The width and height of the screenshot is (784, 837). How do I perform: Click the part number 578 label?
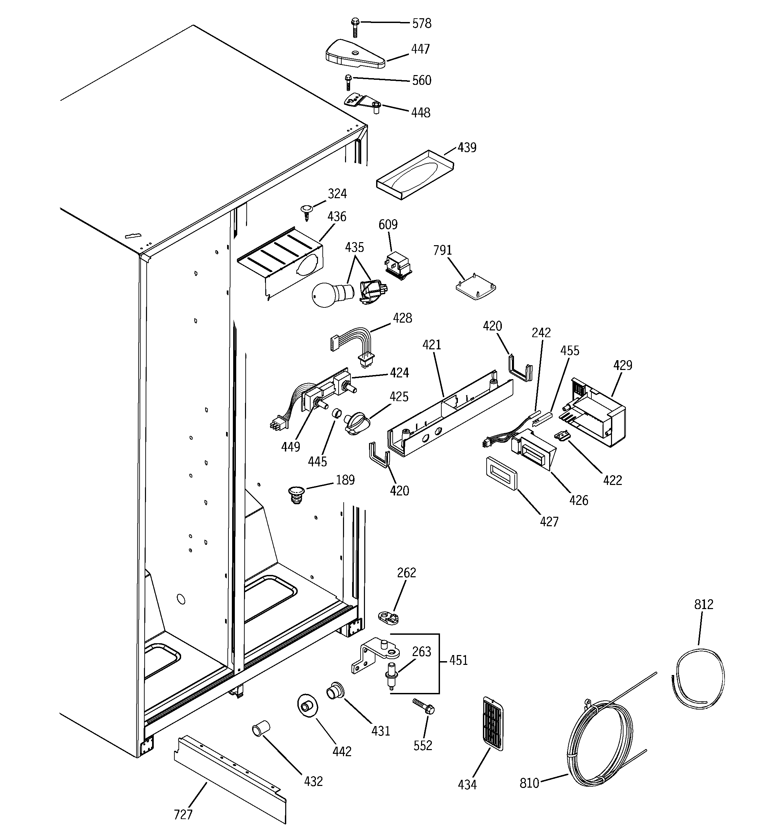(x=422, y=24)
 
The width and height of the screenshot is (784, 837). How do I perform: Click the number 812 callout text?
(x=704, y=604)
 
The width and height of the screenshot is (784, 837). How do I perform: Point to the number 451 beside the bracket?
(x=458, y=660)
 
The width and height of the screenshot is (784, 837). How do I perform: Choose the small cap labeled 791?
(x=475, y=289)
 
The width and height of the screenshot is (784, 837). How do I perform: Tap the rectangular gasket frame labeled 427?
(x=501, y=474)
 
